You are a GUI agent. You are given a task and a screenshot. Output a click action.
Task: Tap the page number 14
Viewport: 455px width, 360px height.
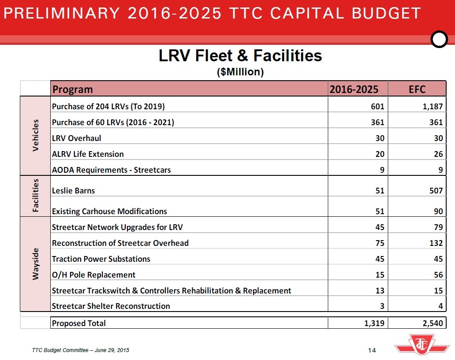coord(371,350)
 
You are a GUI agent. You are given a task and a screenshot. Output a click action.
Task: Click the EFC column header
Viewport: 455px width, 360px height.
coord(417,89)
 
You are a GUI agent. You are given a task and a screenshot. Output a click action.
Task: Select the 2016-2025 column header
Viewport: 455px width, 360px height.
coord(354,89)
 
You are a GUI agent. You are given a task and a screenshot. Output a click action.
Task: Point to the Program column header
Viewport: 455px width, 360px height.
coord(73,89)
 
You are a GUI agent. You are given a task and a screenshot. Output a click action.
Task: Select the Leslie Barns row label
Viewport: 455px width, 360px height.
coord(73,191)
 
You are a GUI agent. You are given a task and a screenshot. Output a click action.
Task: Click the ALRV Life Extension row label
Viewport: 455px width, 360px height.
coord(88,154)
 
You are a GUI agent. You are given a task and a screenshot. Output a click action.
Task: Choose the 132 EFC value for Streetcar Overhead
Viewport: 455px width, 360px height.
coord(435,243)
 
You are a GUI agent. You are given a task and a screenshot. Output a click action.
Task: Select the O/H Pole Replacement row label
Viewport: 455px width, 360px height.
coord(93,275)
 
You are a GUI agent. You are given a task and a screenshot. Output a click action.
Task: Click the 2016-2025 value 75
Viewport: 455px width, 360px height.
coord(379,243)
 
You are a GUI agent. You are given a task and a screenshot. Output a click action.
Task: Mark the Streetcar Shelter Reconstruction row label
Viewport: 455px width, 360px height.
coord(111,306)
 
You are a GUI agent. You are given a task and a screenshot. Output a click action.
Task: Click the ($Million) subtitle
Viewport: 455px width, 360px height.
coord(240,72)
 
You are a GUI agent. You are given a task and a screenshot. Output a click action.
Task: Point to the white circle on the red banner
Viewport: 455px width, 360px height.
coord(439,40)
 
